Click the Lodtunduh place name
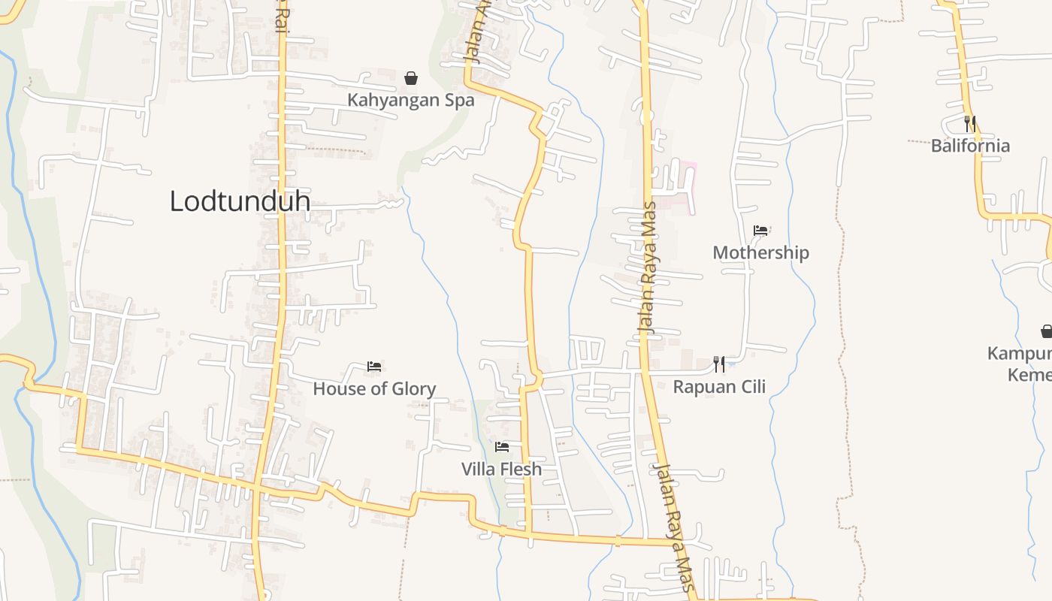(x=240, y=201)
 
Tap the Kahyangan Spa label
(x=410, y=100)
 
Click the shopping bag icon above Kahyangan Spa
(x=411, y=78)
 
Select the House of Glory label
(x=374, y=388)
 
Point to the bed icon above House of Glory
(x=374, y=367)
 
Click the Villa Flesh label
(x=501, y=469)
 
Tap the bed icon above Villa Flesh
(x=502, y=447)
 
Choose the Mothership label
(x=760, y=252)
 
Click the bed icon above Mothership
(x=760, y=231)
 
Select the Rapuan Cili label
(x=719, y=386)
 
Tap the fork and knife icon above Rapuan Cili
(x=719, y=364)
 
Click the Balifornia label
(x=970, y=146)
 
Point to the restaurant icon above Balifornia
(x=970, y=123)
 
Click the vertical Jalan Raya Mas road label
(x=647, y=267)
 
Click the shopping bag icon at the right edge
(x=1046, y=331)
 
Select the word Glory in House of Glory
(x=411, y=388)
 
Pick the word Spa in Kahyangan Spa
(x=459, y=100)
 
